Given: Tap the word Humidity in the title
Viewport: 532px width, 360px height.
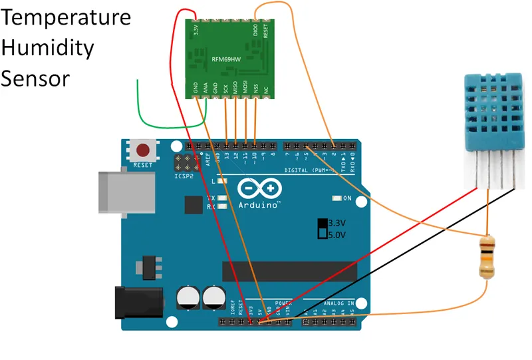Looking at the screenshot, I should [47, 48].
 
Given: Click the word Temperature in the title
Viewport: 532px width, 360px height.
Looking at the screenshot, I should [66, 17].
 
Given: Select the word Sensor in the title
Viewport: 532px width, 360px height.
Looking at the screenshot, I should [35, 79].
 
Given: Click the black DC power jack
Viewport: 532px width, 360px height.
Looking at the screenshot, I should [136, 301].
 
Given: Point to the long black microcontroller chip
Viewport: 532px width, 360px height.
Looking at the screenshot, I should [291, 271].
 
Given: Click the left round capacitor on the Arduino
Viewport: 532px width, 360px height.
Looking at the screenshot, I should [189, 297].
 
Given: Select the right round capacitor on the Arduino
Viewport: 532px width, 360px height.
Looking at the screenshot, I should [214, 297].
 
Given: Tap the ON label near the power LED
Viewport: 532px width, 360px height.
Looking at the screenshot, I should [346, 198].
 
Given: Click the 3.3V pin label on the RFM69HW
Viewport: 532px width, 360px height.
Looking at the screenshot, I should [196, 30].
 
